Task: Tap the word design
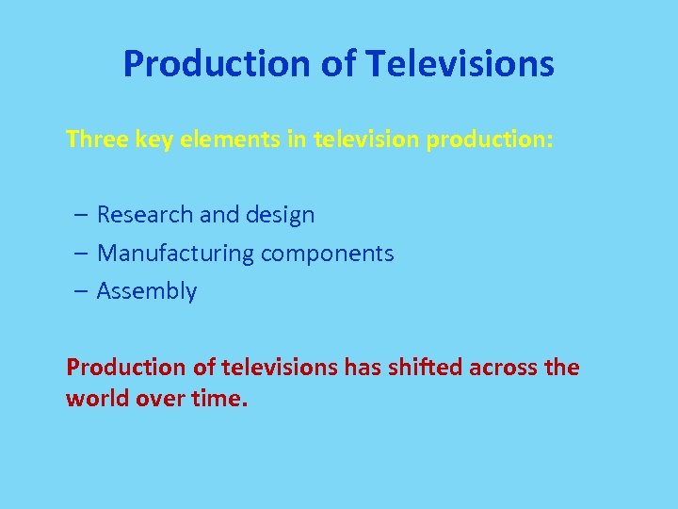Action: point(280,216)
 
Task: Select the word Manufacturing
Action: point(176,254)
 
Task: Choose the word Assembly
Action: point(147,292)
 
